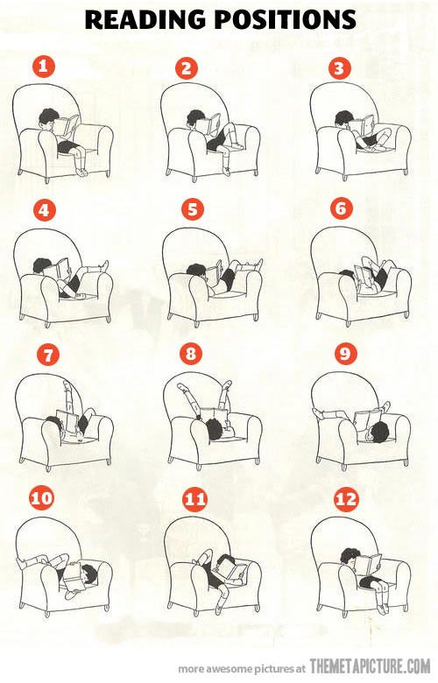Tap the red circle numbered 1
click(x=43, y=67)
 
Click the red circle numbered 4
click(x=41, y=210)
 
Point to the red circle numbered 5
click(x=192, y=209)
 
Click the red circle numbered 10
click(x=41, y=499)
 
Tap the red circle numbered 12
click(x=347, y=500)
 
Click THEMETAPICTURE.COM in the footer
click(x=370, y=666)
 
